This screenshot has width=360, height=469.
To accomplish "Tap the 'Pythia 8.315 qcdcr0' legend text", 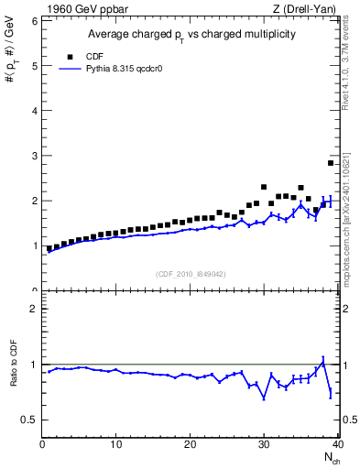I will [x=122, y=68].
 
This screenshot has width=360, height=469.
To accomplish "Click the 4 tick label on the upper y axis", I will [x=35, y=110].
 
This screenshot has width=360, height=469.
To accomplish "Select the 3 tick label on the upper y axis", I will [x=35, y=155].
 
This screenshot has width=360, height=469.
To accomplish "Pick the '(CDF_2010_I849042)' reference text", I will [x=190, y=273].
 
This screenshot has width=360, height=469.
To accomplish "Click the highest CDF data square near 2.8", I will [x=331, y=163].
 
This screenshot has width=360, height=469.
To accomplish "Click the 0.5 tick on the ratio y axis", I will [x=29, y=420].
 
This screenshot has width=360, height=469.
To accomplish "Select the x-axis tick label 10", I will [x=116, y=445].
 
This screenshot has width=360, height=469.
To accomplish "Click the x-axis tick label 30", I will [x=264, y=445].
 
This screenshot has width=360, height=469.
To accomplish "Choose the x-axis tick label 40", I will [x=337, y=445].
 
